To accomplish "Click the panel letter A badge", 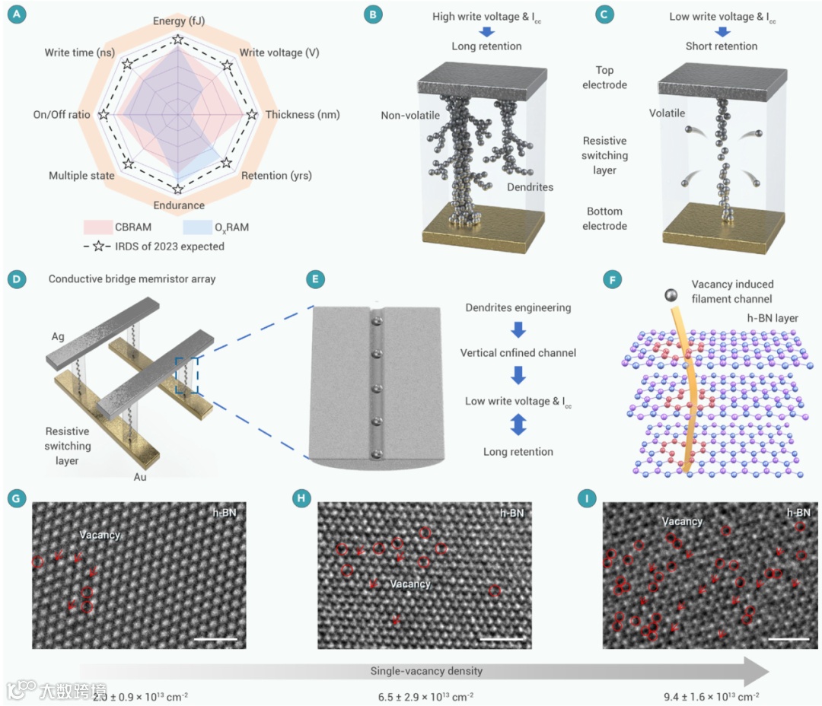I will pyautogui.click(x=14, y=15).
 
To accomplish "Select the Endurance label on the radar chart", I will pyautogui.click(x=179, y=205).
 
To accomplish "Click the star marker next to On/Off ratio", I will pyautogui.click(x=104, y=115).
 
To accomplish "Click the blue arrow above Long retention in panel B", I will pyautogui.click(x=487, y=31).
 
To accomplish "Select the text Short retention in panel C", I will pyautogui.click(x=722, y=46).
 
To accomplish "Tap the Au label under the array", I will pyautogui.click(x=140, y=477).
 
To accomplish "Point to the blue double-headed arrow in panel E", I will pyautogui.click(x=518, y=426).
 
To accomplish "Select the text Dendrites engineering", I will pyautogui.click(x=518, y=307).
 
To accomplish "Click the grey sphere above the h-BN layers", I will pyautogui.click(x=671, y=294).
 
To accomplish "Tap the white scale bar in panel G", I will pyautogui.click(x=216, y=638).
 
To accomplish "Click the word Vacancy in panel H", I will pyautogui.click(x=410, y=584).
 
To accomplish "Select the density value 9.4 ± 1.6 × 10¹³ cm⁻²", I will pyautogui.click(x=712, y=695).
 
